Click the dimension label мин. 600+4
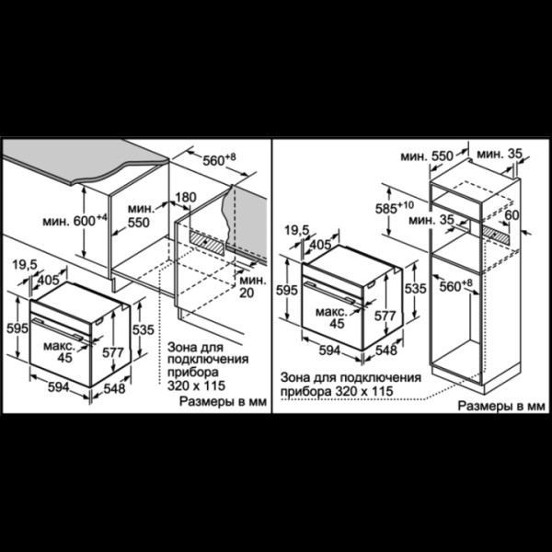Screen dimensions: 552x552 click(75, 221)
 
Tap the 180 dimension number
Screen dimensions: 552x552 click(186, 197)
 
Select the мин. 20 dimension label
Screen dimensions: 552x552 click(252, 286)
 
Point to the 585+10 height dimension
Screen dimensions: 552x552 click(395, 208)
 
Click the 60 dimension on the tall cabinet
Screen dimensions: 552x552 click(512, 214)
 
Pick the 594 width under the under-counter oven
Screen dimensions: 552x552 click(59, 387)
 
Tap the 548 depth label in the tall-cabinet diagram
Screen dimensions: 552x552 click(386, 350)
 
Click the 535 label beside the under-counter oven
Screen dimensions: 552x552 click(144, 329)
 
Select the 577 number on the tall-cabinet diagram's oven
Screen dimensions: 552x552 click(385, 316)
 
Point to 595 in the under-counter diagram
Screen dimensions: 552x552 click(17, 328)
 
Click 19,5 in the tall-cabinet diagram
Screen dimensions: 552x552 click(297, 231)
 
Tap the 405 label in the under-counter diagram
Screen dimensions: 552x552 click(49, 280)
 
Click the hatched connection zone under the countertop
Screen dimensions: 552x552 click(207, 243)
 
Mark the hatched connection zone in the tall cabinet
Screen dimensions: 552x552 click(495, 235)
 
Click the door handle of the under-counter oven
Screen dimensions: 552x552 click(58, 329)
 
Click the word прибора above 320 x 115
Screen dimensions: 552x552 click(192, 372)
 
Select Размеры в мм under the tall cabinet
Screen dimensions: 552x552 click(501, 406)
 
